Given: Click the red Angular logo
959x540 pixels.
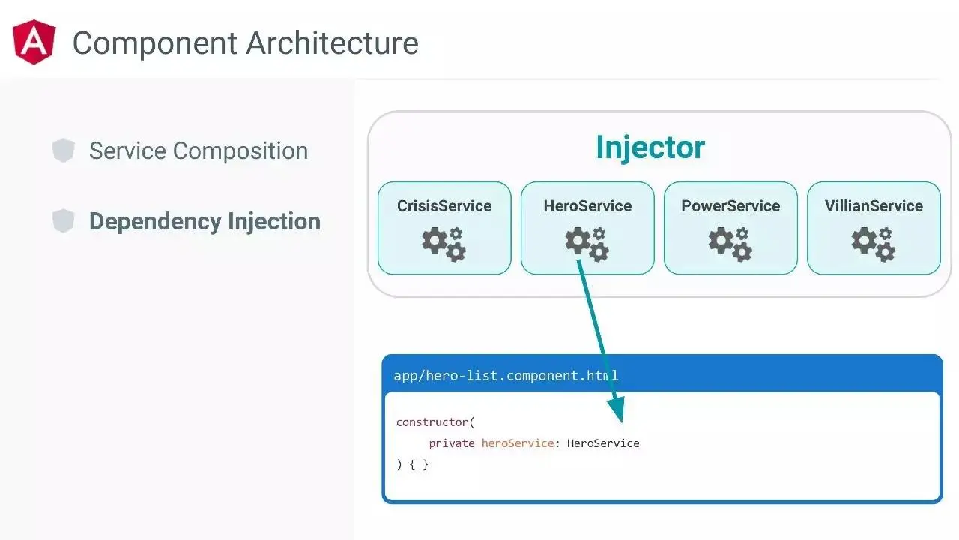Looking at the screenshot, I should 34,42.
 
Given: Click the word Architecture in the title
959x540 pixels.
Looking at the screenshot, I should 333,43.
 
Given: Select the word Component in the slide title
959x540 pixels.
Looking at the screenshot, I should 155,43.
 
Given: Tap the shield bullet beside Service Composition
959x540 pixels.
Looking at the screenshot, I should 64,151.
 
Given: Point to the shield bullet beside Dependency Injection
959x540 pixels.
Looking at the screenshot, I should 64,221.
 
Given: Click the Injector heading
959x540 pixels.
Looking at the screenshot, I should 650,148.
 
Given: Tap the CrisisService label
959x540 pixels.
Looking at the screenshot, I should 444,206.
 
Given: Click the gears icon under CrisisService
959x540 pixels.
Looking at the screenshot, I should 444,244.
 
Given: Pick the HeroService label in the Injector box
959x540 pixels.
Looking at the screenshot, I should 587,206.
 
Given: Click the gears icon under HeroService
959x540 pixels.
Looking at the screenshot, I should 587,244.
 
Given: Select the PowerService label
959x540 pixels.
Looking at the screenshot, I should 730,206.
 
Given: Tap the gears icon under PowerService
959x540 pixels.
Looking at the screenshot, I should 730,244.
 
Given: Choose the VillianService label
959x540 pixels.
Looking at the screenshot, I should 874,206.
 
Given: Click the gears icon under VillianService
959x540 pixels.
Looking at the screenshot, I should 874,244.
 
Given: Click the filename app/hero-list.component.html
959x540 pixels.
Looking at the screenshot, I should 506,375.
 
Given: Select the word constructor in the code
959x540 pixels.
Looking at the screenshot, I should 433,422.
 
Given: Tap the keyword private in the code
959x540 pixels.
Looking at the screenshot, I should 452,443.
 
